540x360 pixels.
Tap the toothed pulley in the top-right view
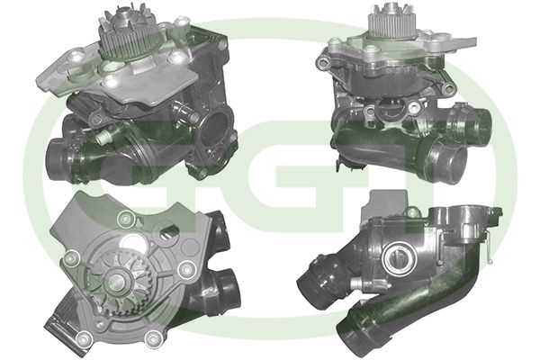[391, 20]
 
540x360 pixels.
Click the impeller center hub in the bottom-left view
[117, 281]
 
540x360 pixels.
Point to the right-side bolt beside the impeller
[187, 269]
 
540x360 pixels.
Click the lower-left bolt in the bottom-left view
[84, 342]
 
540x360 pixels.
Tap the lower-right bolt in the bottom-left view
[153, 342]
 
